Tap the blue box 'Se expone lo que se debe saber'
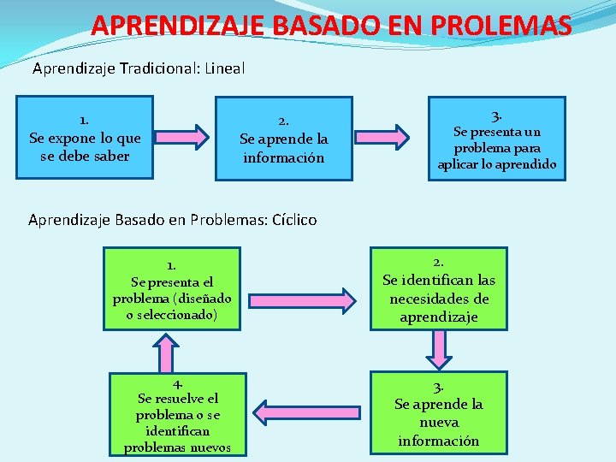pyautogui.click(x=85, y=137)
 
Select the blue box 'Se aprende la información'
pyautogui.click(x=283, y=139)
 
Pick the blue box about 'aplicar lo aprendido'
pyautogui.click(x=497, y=138)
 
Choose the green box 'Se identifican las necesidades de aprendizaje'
pyautogui.click(x=438, y=288)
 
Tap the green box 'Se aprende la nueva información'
pyautogui.click(x=438, y=412)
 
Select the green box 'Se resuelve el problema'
pyautogui.click(x=178, y=414)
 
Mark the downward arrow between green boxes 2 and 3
pyautogui.click(x=439, y=348)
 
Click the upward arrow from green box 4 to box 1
pyautogui.click(x=166, y=351)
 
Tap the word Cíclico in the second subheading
pyautogui.click(x=293, y=220)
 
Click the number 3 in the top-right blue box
pyautogui.click(x=496, y=114)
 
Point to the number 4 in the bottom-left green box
pyautogui.click(x=177, y=384)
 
